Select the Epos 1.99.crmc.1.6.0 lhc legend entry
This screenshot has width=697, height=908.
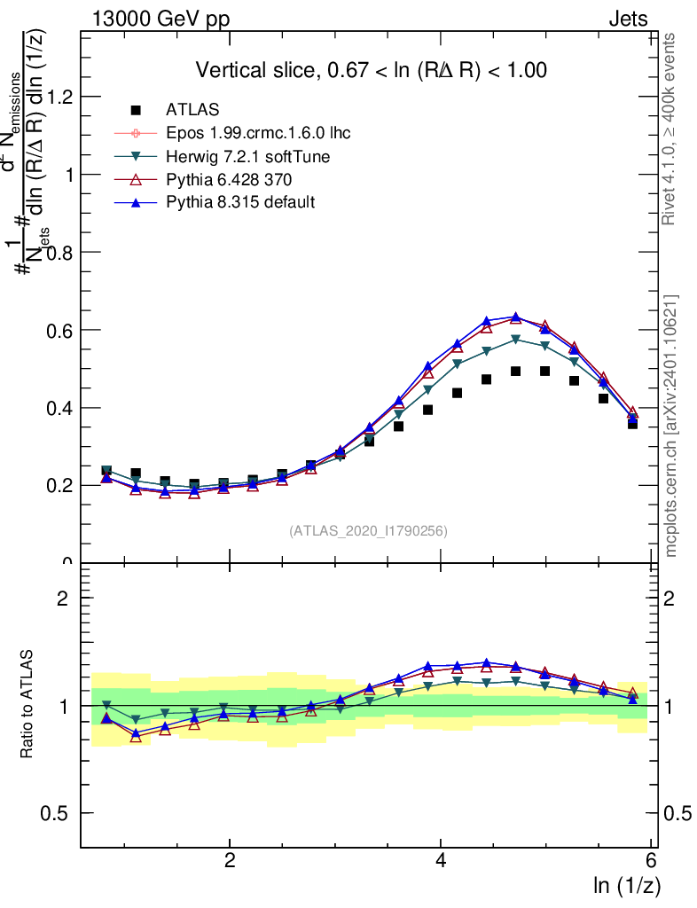click(x=258, y=134)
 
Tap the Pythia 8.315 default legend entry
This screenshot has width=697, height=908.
click(x=240, y=203)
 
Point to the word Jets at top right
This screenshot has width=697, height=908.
click(x=627, y=20)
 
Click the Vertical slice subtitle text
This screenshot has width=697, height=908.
click(x=371, y=70)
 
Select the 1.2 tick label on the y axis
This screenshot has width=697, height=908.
click(x=59, y=97)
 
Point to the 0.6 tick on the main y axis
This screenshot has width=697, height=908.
click(x=59, y=330)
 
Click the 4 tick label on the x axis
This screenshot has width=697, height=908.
click(x=441, y=860)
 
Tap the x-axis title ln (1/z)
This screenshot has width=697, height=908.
click(x=627, y=885)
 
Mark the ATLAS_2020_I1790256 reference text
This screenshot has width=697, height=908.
click(x=368, y=531)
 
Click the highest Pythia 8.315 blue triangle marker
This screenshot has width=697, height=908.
click(x=516, y=317)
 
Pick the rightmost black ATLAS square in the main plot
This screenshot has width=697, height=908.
click(x=632, y=423)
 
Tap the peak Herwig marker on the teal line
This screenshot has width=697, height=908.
click(x=516, y=339)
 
